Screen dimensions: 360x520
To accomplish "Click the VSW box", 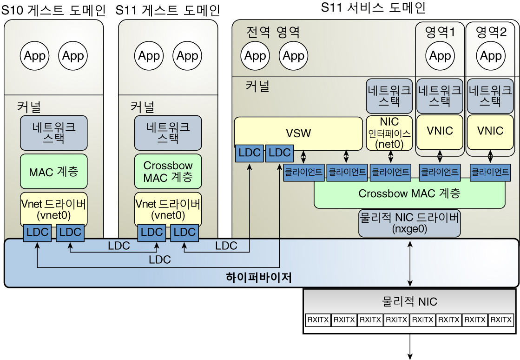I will (298, 133).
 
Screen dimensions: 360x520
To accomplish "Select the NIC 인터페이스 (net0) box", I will (389, 133).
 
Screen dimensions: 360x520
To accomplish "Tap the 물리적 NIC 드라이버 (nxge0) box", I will (409, 223).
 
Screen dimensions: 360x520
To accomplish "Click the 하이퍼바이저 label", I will (258, 278).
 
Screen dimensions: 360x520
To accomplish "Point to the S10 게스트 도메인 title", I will (53, 9).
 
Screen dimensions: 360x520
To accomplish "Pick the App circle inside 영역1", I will (440, 56).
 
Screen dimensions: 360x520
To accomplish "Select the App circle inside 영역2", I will (491, 56).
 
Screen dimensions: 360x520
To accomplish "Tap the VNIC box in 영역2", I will (490, 131).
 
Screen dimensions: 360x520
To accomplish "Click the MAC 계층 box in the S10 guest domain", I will (54, 172).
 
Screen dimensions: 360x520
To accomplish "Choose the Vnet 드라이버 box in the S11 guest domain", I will (168, 209).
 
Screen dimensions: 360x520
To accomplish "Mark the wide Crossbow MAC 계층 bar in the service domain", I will (409, 194).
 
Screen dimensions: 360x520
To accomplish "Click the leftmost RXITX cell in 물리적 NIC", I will (318, 320).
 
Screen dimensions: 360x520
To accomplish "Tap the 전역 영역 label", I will (273, 32).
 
